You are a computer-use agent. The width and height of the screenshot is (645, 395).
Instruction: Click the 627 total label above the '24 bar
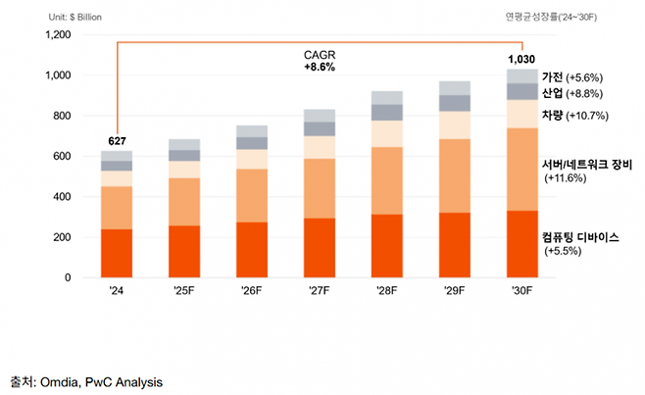[116, 142]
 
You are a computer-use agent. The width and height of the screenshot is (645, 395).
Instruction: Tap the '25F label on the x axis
[184, 290]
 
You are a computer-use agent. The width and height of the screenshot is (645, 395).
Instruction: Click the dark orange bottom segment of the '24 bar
[117, 253]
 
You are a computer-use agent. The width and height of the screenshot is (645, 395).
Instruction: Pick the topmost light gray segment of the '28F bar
[387, 97]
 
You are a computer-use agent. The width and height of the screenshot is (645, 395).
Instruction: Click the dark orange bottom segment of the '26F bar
[252, 250]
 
